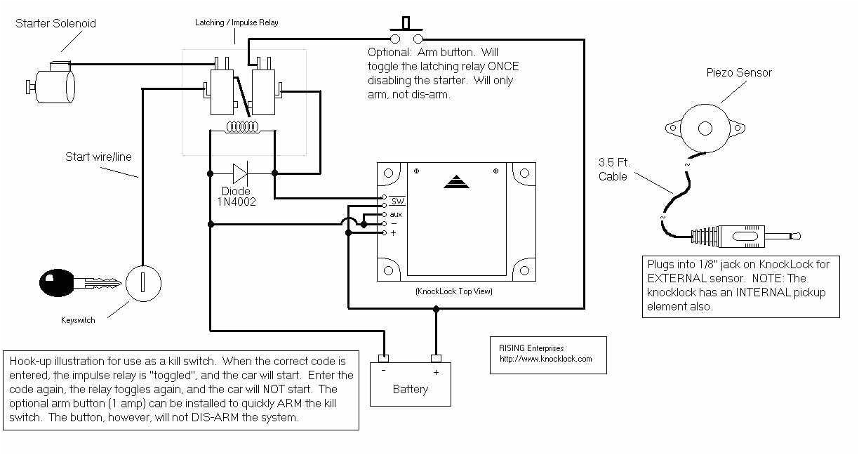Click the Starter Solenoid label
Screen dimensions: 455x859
click(x=55, y=23)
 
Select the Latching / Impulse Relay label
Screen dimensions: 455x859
click(x=237, y=22)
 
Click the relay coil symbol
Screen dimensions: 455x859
click(x=242, y=128)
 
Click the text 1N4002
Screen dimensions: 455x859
click(x=237, y=202)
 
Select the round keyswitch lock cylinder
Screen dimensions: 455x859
click(x=143, y=284)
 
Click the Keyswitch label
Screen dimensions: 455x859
click(x=78, y=320)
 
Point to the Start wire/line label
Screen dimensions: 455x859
click(x=98, y=157)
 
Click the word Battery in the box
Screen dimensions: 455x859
click(x=411, y=389)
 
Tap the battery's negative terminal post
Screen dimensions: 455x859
click(x=383, y=359)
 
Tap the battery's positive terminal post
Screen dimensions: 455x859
click(x=436, y=359)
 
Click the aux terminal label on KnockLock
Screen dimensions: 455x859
click(x=396, y=213)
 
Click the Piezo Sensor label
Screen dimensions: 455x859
click(x=739, y=72)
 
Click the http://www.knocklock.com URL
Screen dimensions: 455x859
click(x=545, y=359)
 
